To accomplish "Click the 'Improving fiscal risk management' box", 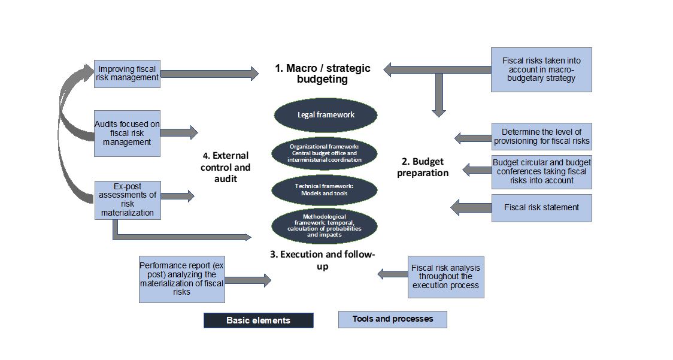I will tap(127, 74).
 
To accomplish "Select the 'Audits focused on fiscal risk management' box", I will tap(127, 133).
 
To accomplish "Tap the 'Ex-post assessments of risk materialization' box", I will tap(127, 199).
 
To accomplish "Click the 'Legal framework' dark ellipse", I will tap(326, 115).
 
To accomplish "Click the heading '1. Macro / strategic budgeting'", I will tap(322, 74).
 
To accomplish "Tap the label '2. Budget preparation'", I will tap(425, 167).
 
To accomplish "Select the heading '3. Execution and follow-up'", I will tap(322, 260).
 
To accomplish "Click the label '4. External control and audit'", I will tap(225, 167).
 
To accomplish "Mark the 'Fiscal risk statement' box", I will tap(541, 208).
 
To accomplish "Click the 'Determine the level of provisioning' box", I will tap(541, 137).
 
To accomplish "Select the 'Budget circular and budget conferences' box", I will tap(541, 171).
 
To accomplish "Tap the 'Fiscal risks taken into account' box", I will tap(541, 69).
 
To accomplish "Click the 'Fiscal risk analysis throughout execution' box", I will tap(445, 276).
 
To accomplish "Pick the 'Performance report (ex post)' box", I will tap(181, 279).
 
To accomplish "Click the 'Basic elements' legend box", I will tap(258, 320).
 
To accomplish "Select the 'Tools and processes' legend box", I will tap(392, 319).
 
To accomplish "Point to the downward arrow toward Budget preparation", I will tap(439, 96).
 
